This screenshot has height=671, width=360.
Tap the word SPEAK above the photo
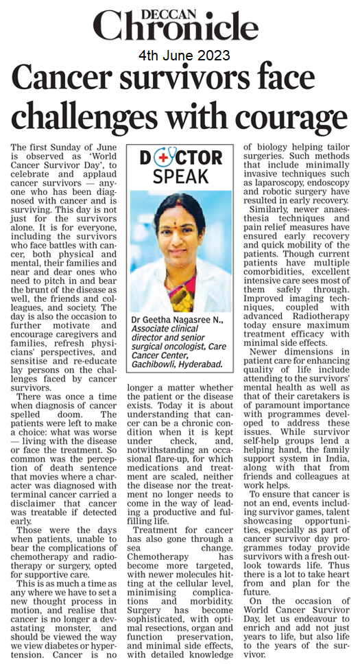(181, 176)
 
